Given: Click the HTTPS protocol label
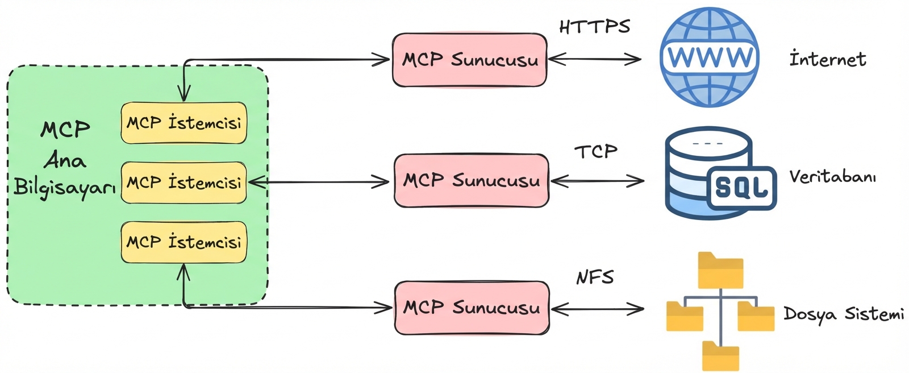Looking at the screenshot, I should click(594, 27).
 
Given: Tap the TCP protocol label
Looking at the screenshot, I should click(595, 151).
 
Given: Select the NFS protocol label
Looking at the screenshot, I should click(595, 277).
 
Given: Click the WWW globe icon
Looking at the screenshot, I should click(710, 57).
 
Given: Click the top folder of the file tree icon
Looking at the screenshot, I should click(720, 271).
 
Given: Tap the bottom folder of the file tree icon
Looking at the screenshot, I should click(720, 356).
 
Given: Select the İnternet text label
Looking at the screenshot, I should click(827, 59).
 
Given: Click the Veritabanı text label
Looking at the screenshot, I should click(832, 177).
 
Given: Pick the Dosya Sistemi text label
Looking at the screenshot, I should click(844, 314).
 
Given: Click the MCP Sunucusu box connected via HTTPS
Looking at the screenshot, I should click(470, 60).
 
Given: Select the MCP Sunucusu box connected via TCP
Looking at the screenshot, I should click(472, 181).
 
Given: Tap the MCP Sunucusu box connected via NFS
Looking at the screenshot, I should click(472, 308).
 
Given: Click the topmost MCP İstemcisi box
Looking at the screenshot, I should click(184, 123).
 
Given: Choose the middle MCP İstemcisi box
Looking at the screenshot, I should click(184, 183).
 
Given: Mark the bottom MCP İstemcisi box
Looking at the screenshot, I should click(184, 242).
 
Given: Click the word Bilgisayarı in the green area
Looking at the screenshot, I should click(64, 188).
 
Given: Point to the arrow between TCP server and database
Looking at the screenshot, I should click(597, 181).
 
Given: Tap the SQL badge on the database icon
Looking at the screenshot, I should click(741, 186).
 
